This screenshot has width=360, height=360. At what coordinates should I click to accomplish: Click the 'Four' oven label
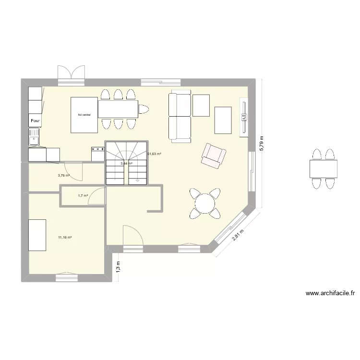click(x=35, y=121)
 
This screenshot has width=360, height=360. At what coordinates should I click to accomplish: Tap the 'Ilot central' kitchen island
click(x=84, y=115)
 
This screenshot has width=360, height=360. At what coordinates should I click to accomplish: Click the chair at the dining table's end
click(x=144, y=109)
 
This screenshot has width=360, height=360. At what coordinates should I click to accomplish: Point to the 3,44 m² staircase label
click(x=126, y=164)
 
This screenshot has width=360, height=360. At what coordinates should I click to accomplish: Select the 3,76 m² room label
click(x=64, y=176)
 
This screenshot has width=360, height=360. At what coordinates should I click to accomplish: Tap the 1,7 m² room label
click(x=83, y=196)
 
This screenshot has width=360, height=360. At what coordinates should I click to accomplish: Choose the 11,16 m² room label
click(x=65, y=238)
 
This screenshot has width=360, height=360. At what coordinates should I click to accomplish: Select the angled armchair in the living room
click(x=213, y=156)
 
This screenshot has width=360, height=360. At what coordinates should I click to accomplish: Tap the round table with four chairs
click(x=205, y=203)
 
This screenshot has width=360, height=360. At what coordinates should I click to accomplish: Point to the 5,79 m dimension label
click(x=262, y=143)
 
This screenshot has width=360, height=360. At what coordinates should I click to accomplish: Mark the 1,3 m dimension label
click(x=118, y=266)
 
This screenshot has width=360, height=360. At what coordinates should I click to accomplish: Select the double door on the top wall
click(x=72, y=73)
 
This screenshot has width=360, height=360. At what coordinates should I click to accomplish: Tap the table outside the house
click(x=323, y=168)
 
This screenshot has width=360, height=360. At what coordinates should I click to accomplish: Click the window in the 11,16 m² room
click(x=67, y=277)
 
